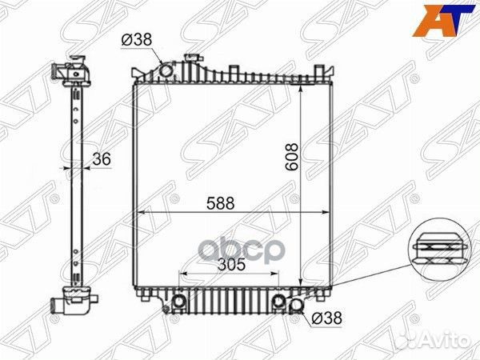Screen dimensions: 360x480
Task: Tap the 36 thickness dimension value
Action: tap(101, 159)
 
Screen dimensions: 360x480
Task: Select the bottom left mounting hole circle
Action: tap(179, 302)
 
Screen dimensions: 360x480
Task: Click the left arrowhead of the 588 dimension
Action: tap(137, 212)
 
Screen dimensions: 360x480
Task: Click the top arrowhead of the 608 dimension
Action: tap(300, 85)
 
